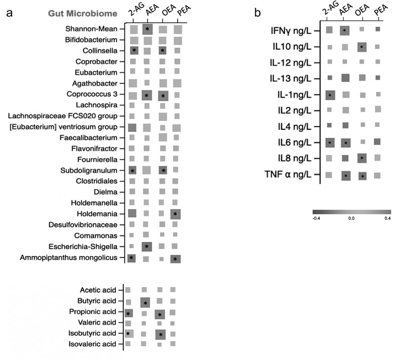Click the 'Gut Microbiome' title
(83, 13)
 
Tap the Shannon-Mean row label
(91, 29)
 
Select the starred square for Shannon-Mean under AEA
(147, 29)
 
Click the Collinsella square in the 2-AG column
(134, 51)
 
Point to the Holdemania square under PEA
(175, 214)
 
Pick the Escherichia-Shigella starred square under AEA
(147, 246)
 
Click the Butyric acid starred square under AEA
(145, 302)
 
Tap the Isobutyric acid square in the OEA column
(160, 335)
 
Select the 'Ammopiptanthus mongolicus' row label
(69, 258)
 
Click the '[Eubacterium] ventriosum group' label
(63, 127)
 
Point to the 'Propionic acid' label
(93, 312)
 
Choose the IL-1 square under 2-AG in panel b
(330, 95)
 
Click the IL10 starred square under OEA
(362, 47)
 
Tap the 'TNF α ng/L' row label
(288, 175)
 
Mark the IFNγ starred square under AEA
(345, 31)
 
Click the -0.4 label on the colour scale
(316, 218)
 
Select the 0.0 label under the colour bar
(351, 218)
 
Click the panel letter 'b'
(257, 13)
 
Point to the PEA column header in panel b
(381, 10)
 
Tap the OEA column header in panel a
(169, 10)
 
